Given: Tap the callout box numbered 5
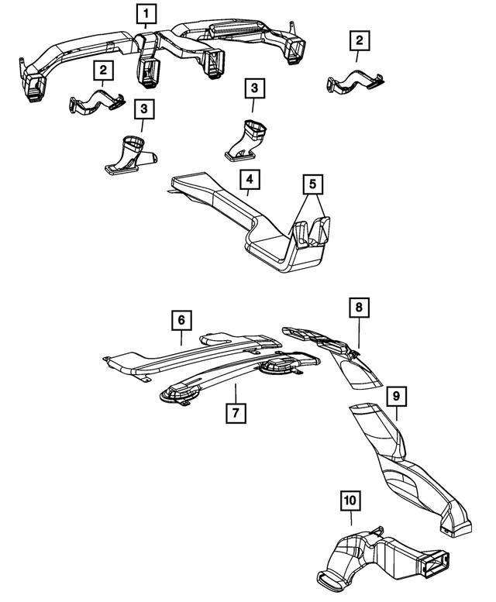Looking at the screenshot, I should (312, 185).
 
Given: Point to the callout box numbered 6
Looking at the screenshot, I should (180, 320).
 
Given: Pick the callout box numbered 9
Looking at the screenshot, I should (395, 397).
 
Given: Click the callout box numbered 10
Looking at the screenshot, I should (350, 501).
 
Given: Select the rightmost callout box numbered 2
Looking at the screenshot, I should (359, 40).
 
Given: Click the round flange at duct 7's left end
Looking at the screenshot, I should (177, 397).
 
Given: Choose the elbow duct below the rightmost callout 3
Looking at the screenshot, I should (247, 139).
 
